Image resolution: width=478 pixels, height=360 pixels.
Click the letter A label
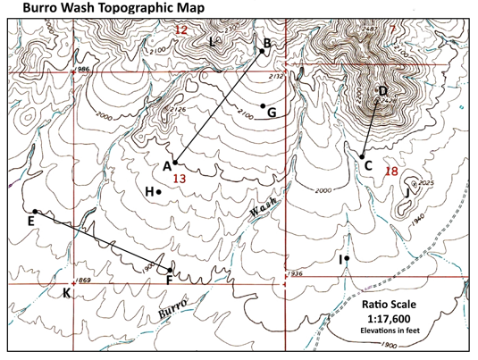coord(166,165)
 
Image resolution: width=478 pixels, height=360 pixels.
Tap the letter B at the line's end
coord(267,42)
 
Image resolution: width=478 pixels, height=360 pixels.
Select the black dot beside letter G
coord(263,105)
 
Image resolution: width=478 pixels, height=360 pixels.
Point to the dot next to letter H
coord(158,191)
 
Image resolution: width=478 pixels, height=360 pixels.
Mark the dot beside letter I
coord(346,258)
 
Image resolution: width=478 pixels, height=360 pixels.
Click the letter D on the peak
coord(382,91)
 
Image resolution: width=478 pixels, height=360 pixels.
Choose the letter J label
coord(407,191)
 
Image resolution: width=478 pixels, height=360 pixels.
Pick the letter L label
coord(212,42)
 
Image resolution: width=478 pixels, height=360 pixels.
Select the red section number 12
coord(181,30)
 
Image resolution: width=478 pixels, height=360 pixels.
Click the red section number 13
coord(179,179)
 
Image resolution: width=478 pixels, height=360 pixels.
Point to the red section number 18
coord(390,171)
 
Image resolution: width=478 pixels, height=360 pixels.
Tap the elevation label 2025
coord(424,184)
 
